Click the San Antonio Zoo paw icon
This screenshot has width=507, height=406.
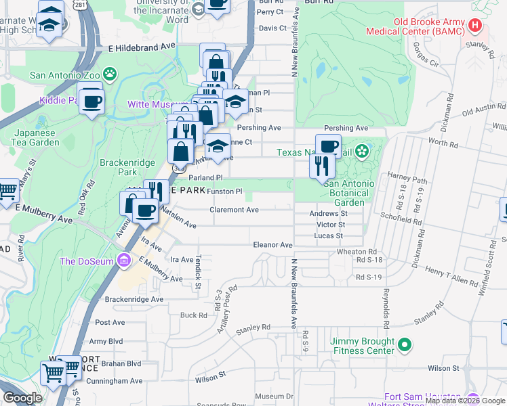[110, 73]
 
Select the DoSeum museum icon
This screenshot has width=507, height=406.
[123, 260]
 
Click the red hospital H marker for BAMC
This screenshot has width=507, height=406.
[475, 25]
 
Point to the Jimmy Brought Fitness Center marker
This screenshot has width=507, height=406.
[405, 345]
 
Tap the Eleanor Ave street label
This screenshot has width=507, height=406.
[272, 245]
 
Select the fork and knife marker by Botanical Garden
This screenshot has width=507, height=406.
[321, 165]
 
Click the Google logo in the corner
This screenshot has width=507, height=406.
[22, 398]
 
